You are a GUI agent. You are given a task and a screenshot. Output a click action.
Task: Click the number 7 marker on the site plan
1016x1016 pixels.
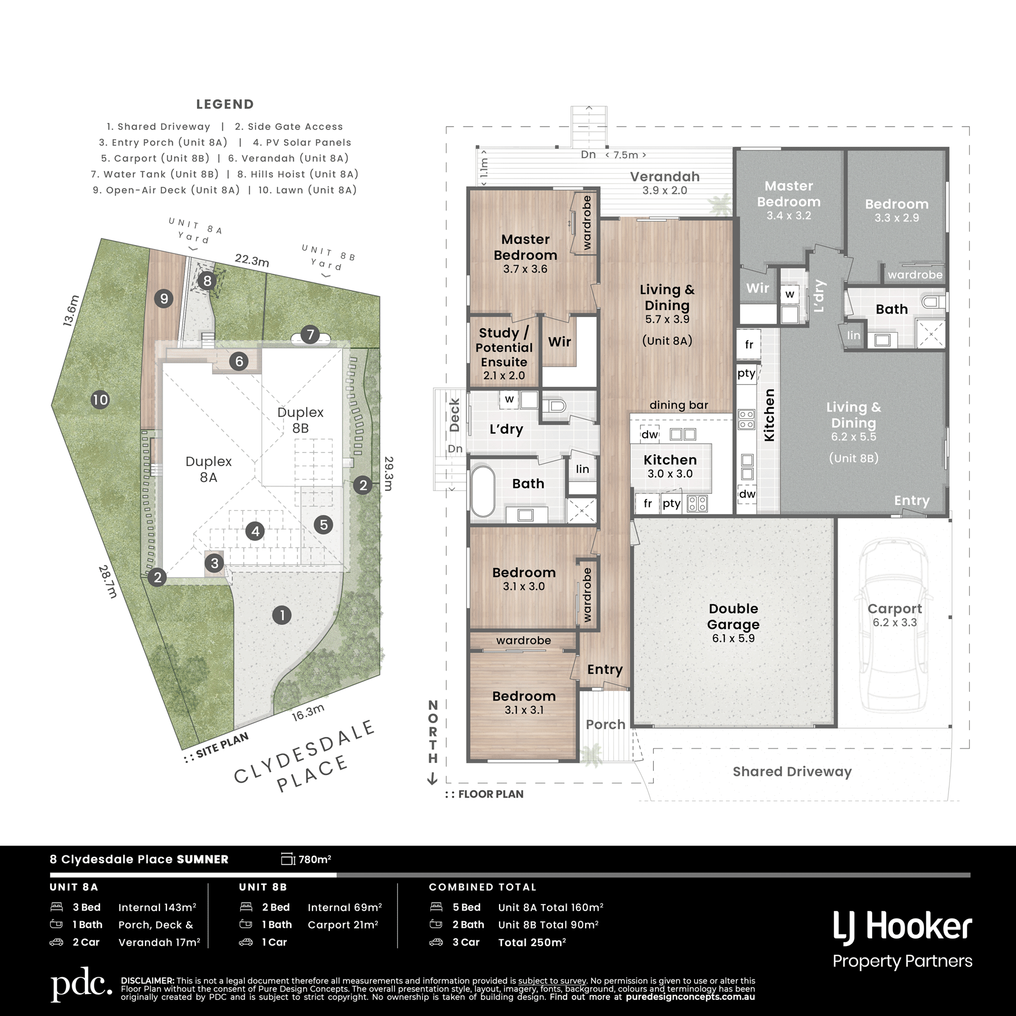click(x=310, y=334)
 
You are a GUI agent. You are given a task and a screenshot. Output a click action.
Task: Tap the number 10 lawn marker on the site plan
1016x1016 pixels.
click(x=101, y=400)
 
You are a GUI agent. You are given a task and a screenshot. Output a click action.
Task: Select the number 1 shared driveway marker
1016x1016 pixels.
click(x=282, y=615)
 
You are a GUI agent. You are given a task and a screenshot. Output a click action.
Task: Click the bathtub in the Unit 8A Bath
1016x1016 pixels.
click(x=483, y=492)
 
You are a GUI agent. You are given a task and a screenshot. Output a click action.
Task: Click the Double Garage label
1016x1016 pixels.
click(x=733, y=616)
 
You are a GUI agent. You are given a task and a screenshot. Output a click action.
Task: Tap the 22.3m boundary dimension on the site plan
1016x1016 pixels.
click(x=252, y=260)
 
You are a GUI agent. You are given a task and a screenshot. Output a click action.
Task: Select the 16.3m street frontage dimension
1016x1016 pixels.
click(x=308, y=713)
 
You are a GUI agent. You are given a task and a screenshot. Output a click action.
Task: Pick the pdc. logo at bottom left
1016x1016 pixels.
click(x=81, y=984)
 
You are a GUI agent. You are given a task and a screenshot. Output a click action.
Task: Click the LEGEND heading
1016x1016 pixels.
click(x=225, y=105)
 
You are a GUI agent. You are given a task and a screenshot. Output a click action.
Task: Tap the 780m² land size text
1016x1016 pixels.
click(x=315, y=859)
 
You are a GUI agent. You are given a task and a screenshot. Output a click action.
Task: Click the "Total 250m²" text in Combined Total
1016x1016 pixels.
click(x=532, y=943)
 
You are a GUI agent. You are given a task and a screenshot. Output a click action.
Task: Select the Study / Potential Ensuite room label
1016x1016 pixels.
click(x=504, y=347)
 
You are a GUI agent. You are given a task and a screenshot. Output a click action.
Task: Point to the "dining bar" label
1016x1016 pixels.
click(x=679, y=405)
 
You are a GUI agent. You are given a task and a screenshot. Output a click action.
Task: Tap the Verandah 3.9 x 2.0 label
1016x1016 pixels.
click(x=665, y=183)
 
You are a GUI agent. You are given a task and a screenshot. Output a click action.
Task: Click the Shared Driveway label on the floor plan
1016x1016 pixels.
click(x=792, y=772)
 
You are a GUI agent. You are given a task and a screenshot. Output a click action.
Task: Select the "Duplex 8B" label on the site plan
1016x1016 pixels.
click(x=300, y=420)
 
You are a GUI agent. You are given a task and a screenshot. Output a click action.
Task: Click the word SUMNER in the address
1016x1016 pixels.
click(x=203, y=859)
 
